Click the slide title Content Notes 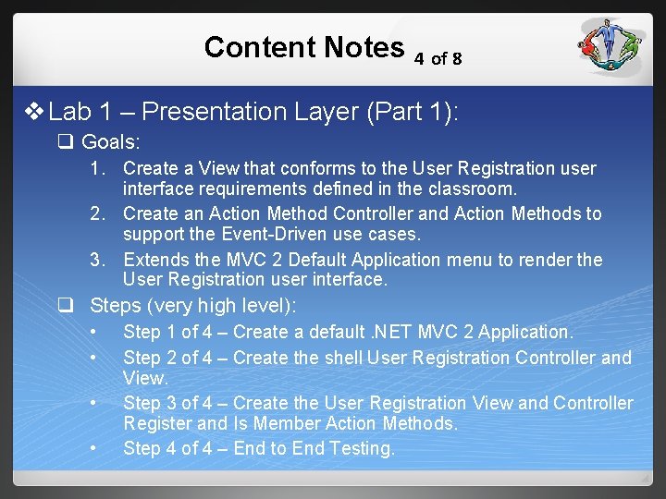(303, 47)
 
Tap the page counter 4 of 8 (438, 58)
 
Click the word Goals (111, 142)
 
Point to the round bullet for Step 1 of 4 (94, 332)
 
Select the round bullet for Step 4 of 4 (94, 449)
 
